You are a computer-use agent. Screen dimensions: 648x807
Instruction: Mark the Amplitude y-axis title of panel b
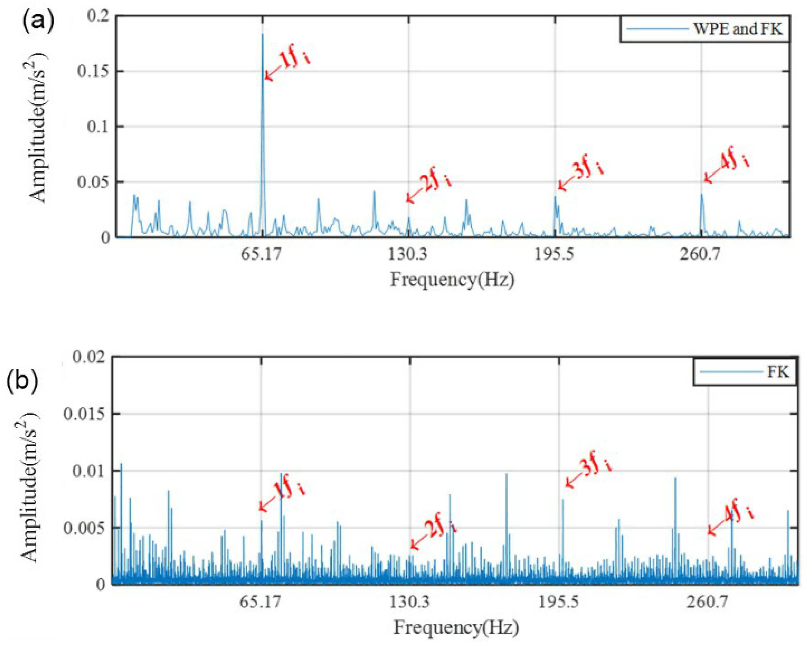coord(30,486)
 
